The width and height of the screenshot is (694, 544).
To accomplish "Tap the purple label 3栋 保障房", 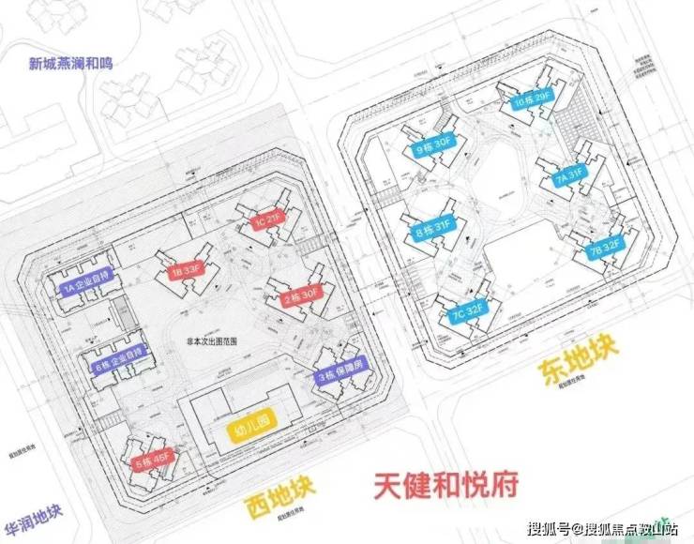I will click(341, 376).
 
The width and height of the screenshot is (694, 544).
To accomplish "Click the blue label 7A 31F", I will click(568, 174).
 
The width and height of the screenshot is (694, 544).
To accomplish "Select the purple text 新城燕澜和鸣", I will click(71, 66).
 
